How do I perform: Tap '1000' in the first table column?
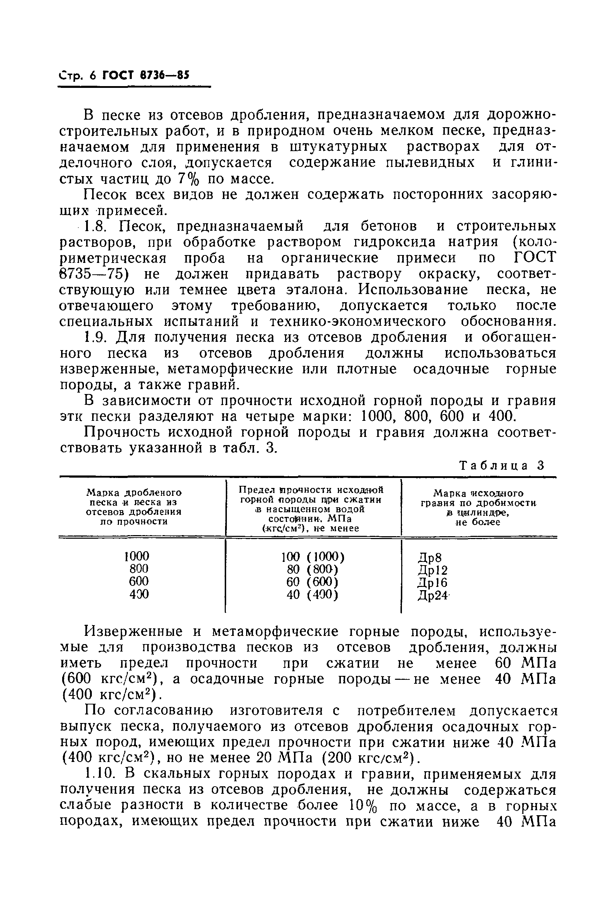pos(136,555)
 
